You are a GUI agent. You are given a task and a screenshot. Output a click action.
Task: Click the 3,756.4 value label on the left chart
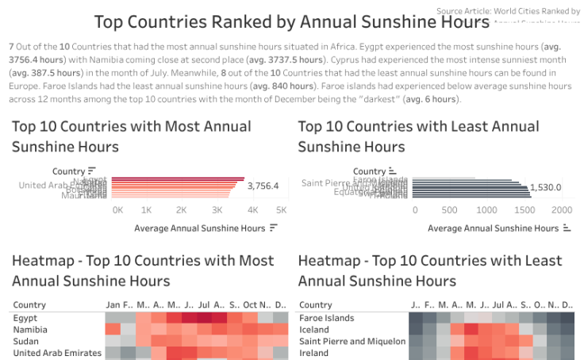tap(263, 186)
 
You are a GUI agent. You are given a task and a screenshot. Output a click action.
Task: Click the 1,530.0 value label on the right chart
tap(546, 187)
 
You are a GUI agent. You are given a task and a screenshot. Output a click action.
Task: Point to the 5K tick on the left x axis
tap(281, 210)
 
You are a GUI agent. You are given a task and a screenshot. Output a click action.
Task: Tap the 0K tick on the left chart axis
tap(117, 210)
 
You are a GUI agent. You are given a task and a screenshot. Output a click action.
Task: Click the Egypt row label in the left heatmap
tap(25, 318)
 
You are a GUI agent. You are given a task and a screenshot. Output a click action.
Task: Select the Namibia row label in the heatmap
tap(30, 330)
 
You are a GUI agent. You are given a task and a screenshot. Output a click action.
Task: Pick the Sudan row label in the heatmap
tap(26, 341)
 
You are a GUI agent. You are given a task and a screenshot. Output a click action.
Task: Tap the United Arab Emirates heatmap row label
tap(57, 353)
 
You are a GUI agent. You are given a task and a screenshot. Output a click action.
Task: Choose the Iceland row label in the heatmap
tap(315, 330)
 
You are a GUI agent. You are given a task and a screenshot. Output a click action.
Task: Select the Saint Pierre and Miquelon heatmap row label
tap(352, 341)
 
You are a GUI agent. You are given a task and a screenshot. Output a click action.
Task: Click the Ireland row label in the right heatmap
tap(314, 353)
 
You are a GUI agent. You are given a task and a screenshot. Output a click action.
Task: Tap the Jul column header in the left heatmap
tap(205, 304)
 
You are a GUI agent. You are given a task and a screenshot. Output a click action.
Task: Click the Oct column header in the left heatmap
tap(250, 304)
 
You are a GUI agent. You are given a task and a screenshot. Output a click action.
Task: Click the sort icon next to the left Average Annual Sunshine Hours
tap(274, 228)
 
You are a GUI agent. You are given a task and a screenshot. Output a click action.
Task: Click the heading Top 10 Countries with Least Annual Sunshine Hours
tap(418, 136)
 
